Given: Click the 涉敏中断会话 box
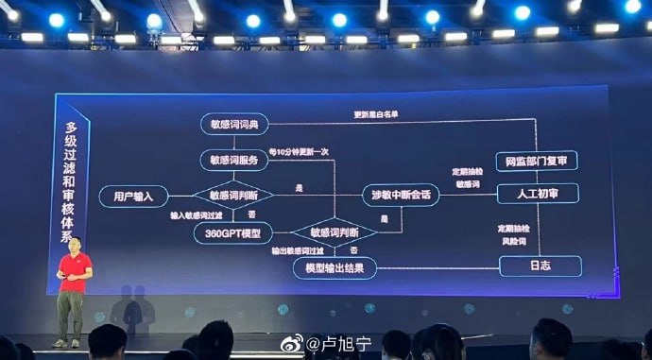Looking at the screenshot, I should pos(402,195).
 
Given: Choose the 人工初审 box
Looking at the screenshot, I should pos(536,195).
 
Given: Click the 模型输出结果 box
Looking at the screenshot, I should pos(335,268).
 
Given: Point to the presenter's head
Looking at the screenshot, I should pos(77,238).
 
